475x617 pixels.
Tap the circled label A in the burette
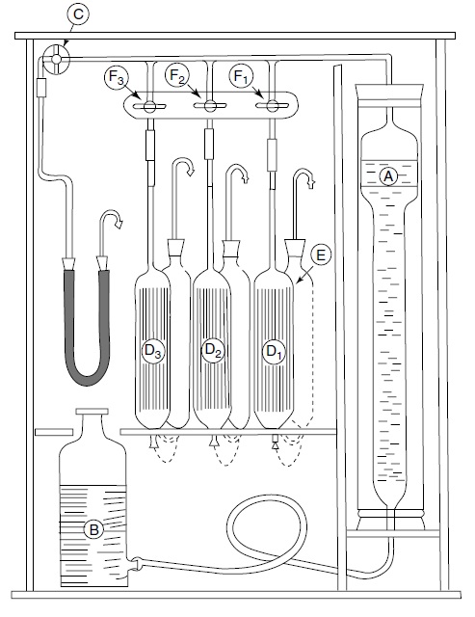tap(389, 177)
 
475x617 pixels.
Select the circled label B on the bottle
tap(94, 528)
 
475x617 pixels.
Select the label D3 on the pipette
tap(154, 352)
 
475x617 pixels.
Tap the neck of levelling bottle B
tap(92, 422)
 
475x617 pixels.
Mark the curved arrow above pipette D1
tap(306, 178)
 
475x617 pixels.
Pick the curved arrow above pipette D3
tap(183, 172)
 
